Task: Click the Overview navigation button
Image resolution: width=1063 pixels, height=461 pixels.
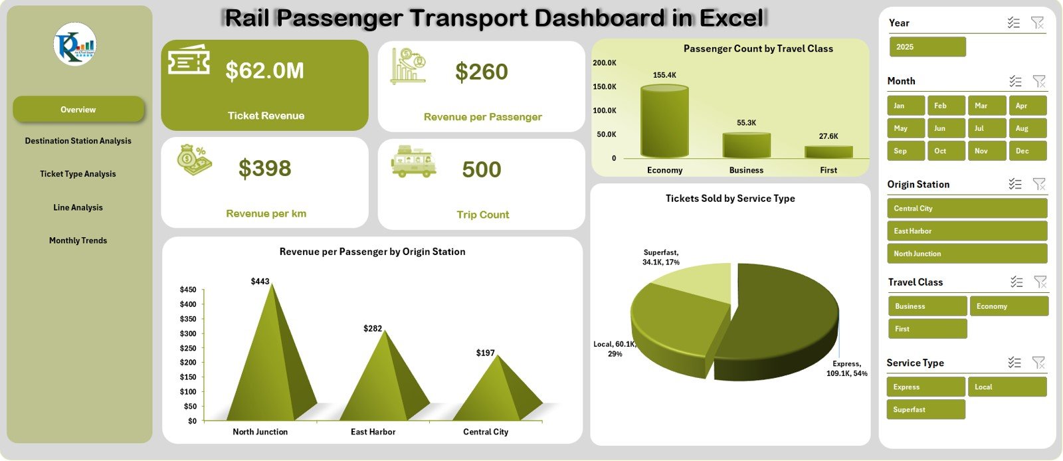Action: click(78, 110)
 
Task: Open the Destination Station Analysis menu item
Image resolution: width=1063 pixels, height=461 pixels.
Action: click(78, 141)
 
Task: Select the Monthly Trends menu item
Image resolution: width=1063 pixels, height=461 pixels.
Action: click(78, 240)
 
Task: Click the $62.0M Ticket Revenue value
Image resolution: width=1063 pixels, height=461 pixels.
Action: click(264, 70)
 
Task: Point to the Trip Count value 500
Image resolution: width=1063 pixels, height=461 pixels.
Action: click(482, 169)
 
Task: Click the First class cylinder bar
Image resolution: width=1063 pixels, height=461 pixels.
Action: click(828, 151)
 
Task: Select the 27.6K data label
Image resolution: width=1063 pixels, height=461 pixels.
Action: click(828, 136)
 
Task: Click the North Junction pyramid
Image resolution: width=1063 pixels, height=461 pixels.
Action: click(269, 359)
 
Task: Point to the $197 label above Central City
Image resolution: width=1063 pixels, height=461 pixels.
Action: click(486, 353)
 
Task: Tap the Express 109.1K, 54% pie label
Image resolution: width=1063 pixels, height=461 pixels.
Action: click(846, 369)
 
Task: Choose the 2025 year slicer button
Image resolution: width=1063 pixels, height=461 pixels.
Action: click(927, 47)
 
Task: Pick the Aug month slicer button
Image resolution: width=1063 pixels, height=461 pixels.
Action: click(1027, 128)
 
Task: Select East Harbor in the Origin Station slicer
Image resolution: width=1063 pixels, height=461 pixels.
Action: click(967, 231)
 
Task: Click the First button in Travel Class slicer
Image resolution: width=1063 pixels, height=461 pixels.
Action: click(927, 329)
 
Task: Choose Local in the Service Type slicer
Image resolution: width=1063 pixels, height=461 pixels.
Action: click(1007, 387)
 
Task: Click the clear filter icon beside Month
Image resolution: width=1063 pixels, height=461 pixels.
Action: click(1039, 81)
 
